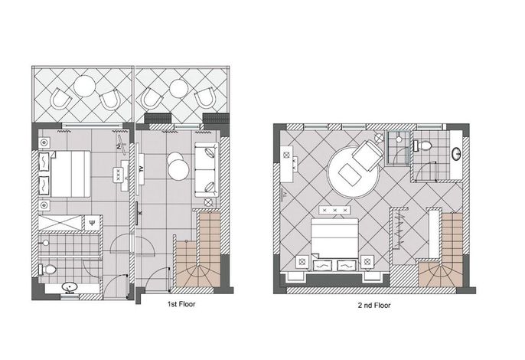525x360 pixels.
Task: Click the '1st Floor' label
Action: point(181,304)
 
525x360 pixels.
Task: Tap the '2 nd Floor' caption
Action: point(374,306)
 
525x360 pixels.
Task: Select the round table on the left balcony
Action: point(85,86)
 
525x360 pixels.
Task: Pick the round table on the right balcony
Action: point(178,89)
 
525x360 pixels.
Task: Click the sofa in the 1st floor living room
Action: point(207,170)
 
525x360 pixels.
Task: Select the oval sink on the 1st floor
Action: point(70,287)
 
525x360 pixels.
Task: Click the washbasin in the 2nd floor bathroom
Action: point(456,154)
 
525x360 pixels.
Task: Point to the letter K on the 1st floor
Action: point(141,212)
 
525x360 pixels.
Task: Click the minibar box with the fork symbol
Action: point(92,223)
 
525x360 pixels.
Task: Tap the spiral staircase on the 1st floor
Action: point(197,250)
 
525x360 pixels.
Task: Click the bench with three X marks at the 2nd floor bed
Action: point(335,210)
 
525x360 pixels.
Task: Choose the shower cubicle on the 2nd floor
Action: point(398,148)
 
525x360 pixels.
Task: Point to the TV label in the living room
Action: point(141,169)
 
